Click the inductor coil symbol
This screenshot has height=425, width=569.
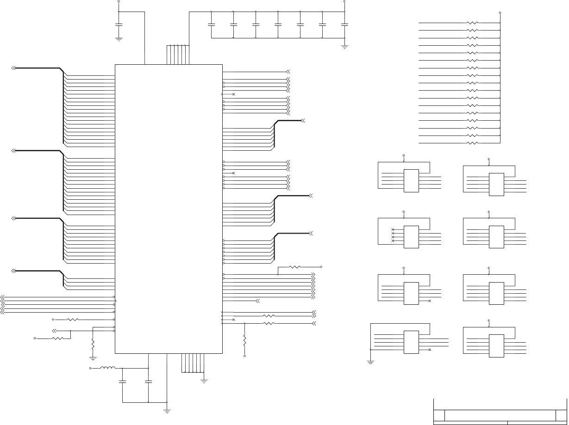[108, 368]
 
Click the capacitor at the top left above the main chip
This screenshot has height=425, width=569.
[119, 24]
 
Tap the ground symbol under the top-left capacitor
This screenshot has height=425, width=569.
[119, 39]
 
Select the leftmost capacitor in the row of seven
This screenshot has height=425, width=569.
[211, 24]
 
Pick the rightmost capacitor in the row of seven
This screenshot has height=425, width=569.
[344, 24]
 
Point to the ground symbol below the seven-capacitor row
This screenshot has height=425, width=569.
[344, 46]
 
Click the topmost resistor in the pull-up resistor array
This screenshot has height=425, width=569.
[472, 23]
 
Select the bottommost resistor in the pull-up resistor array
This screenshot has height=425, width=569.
[472, 143]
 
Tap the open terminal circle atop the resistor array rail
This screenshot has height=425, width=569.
[500, 13]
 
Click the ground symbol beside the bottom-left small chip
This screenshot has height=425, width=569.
[370, 362]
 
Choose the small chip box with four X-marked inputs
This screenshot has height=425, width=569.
[411, 235]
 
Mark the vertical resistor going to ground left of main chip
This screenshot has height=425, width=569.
[93, 345]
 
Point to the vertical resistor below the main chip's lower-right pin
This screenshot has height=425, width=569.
[244, 341]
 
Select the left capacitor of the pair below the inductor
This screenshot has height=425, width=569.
[122, 382]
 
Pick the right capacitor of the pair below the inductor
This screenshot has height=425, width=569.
[148, 382]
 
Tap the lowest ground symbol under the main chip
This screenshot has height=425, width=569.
[167, 410]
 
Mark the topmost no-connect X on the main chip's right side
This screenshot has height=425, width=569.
[233, 94]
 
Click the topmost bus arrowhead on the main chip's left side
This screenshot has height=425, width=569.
[13, 68]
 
